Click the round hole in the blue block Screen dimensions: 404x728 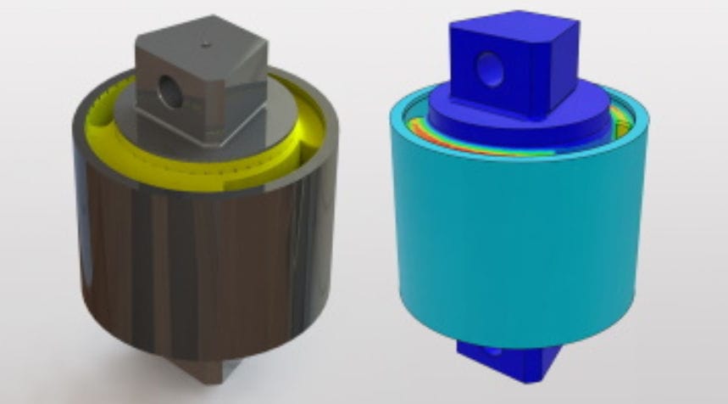[491, 69]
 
